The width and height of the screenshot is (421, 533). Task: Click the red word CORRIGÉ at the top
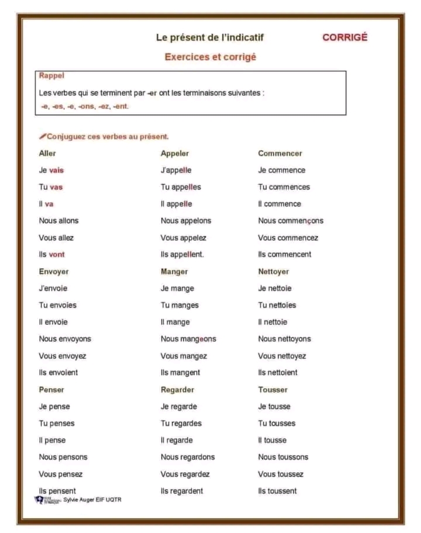344,37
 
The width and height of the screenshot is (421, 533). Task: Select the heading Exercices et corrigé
210,57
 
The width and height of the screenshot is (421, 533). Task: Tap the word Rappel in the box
51,75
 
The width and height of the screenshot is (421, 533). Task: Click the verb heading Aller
47,153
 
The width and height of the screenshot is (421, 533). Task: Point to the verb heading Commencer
280,153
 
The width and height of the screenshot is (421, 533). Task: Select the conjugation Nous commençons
291,221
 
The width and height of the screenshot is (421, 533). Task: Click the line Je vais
51,170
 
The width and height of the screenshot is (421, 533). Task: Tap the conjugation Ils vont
52,254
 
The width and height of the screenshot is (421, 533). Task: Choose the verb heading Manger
174,271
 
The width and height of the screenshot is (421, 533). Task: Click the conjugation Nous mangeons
188,339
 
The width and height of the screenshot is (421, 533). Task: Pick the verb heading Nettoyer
274,271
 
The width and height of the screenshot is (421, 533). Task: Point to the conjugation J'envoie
53,288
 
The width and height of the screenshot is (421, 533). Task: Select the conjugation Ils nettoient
278,372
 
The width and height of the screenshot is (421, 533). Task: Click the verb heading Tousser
273,389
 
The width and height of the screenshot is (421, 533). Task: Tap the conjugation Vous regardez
185,474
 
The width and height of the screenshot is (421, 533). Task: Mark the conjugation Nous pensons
63,457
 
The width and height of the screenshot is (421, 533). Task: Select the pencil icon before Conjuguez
43,136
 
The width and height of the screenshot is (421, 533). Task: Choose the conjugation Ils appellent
182,254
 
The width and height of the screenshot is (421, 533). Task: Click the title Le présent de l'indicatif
209,37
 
